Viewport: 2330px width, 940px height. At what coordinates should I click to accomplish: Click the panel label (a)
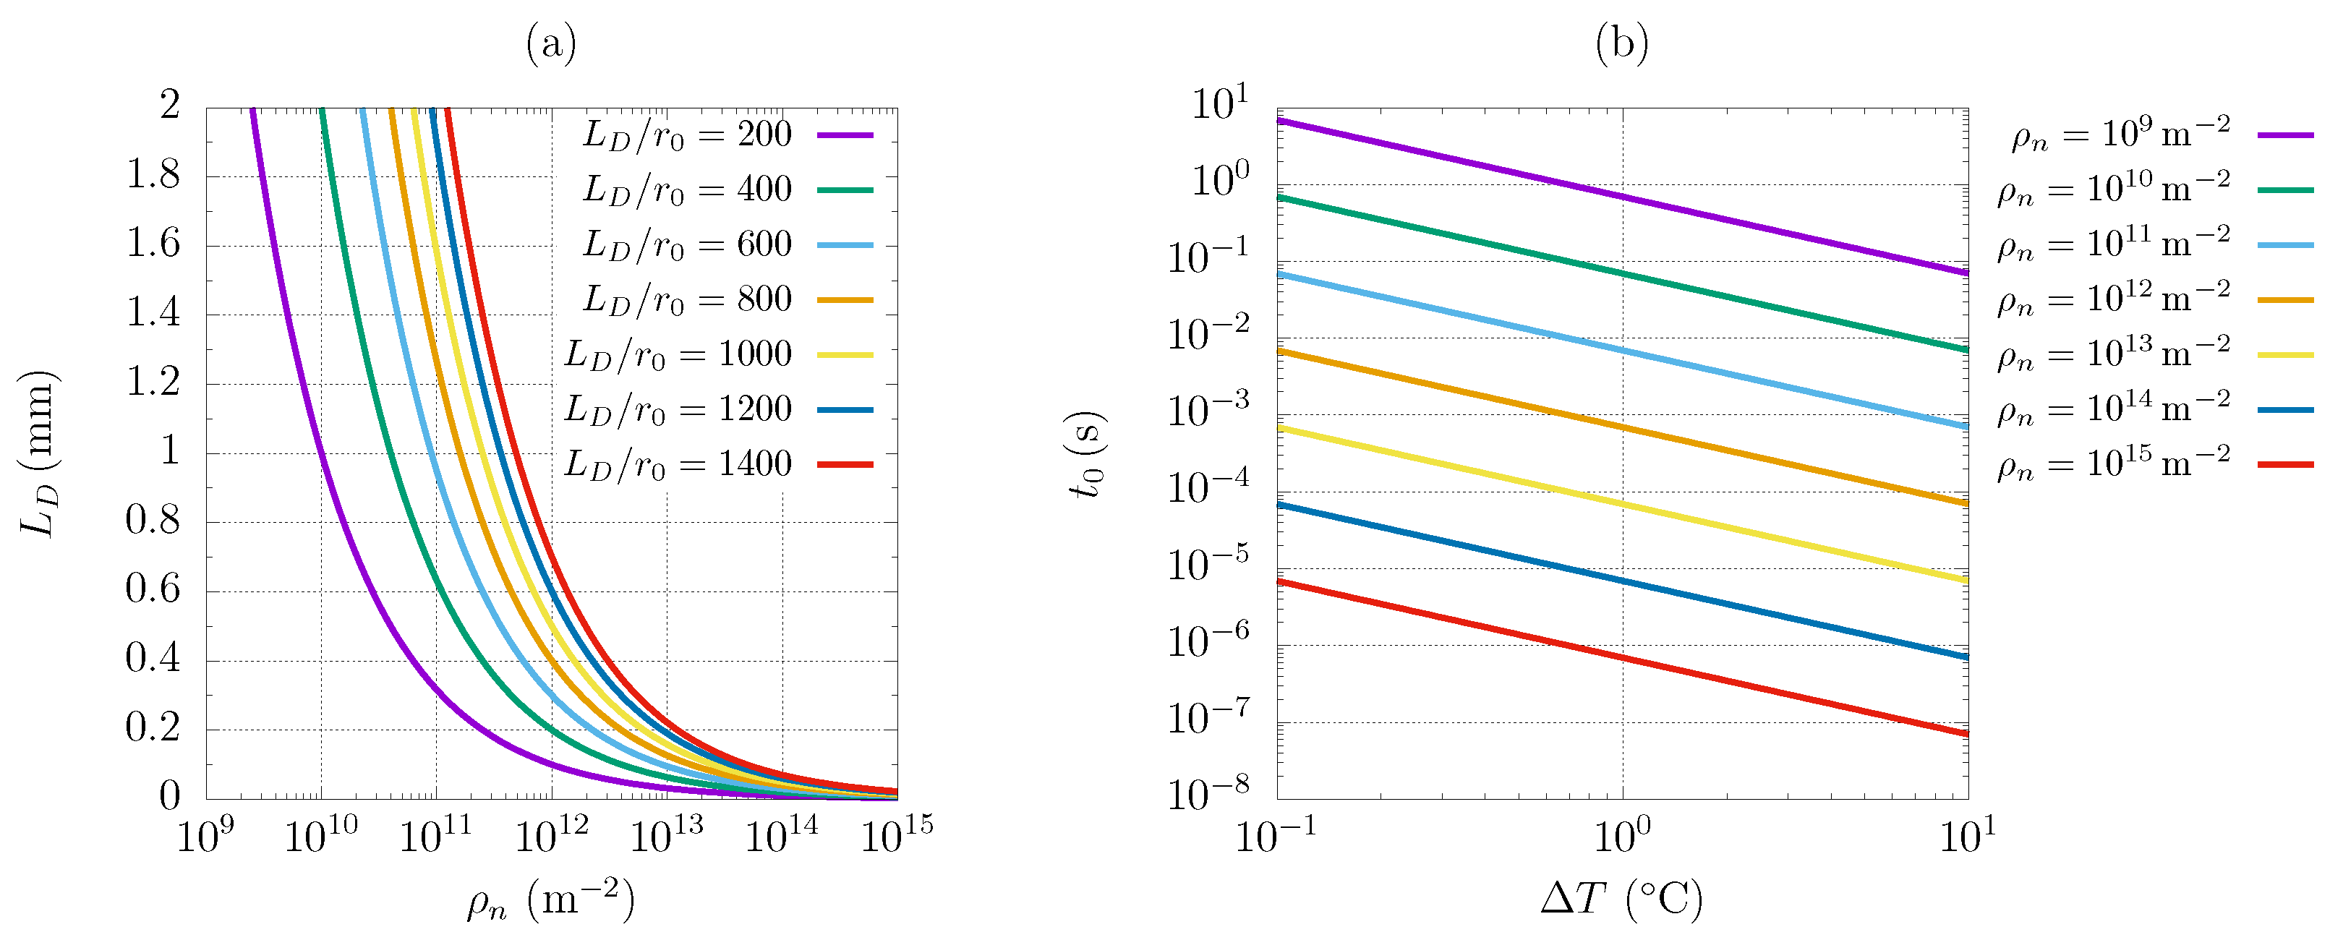(551, 43)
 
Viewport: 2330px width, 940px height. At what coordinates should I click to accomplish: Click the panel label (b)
(1622, 43)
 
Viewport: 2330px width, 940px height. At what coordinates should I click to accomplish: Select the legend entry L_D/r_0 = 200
(688, 134)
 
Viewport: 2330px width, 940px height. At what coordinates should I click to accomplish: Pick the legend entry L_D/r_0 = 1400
(678, 464)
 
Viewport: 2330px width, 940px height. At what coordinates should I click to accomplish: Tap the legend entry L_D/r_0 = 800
(688, 299)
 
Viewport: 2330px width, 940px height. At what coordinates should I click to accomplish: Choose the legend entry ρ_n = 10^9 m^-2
(2121, 134)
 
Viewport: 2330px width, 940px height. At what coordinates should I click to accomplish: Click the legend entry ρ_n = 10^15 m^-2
(2114, 464)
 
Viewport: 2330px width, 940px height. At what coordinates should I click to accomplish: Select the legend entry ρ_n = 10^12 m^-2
(2114, 299)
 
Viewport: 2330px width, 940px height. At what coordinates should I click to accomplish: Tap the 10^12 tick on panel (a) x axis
(551, 835)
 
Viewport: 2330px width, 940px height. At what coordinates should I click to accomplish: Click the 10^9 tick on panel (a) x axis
(205, 835)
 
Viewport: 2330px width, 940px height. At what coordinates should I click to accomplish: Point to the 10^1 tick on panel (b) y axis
(1219, 104)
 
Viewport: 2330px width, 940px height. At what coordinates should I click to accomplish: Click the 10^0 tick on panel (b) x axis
(1622, 835)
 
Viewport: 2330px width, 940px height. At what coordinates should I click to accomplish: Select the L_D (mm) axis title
(40, 453)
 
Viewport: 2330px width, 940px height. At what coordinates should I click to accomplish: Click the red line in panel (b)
(1622, 658)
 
